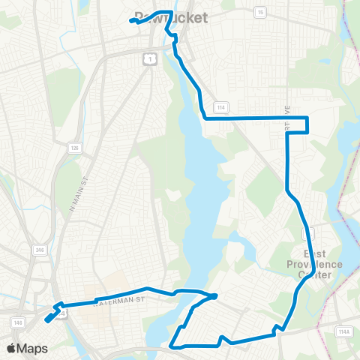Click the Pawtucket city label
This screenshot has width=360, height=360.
170,17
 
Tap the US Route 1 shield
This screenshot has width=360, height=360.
150,57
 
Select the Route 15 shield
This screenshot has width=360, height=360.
260,12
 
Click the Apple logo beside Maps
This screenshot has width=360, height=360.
12,348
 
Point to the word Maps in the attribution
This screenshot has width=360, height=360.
33,348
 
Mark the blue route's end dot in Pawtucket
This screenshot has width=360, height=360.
131,21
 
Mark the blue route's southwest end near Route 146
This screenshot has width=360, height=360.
47,319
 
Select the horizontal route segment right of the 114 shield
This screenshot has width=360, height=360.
255,118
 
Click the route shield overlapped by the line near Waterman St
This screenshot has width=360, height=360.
63,311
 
